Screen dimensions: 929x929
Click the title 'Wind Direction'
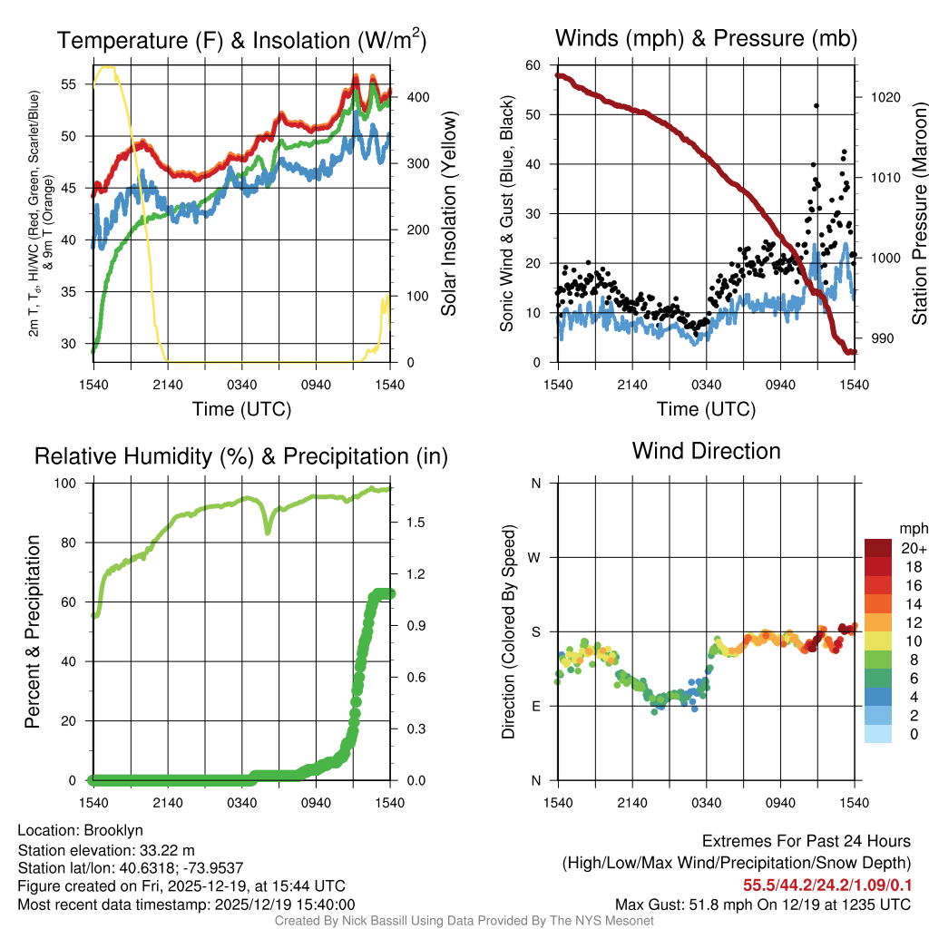tap(706, 451)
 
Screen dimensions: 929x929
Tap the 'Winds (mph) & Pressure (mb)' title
tap(706, 38)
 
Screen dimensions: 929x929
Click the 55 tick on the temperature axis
tap(70, 84)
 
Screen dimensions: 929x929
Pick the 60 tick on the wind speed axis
tap(533, 65)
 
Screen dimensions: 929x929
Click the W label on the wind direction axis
tap(536, 557)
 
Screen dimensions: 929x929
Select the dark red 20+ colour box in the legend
tap(877, 548)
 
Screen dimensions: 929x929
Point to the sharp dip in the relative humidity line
tap(268, 531)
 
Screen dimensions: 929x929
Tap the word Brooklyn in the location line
tap(113, 830)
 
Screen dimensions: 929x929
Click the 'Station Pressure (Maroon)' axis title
tap(918, 214)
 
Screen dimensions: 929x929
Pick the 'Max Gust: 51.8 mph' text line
tap(762, 905)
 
